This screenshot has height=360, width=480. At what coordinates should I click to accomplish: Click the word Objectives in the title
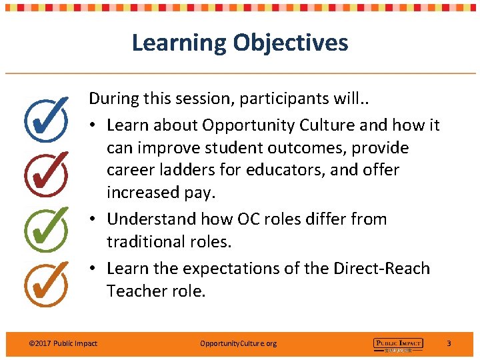[290, 43]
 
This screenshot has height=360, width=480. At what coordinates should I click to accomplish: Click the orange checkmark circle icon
[45, 281]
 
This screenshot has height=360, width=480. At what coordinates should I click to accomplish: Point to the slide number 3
[449, 343]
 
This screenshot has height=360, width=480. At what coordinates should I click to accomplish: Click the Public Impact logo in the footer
[398, 344]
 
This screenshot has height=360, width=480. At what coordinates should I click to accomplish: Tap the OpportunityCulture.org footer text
[238, 343]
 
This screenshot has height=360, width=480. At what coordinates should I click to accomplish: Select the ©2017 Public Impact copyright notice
[63, 343]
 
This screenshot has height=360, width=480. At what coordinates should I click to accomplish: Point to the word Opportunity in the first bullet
[243, 125]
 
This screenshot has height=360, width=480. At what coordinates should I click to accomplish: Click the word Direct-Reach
[381, 268]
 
